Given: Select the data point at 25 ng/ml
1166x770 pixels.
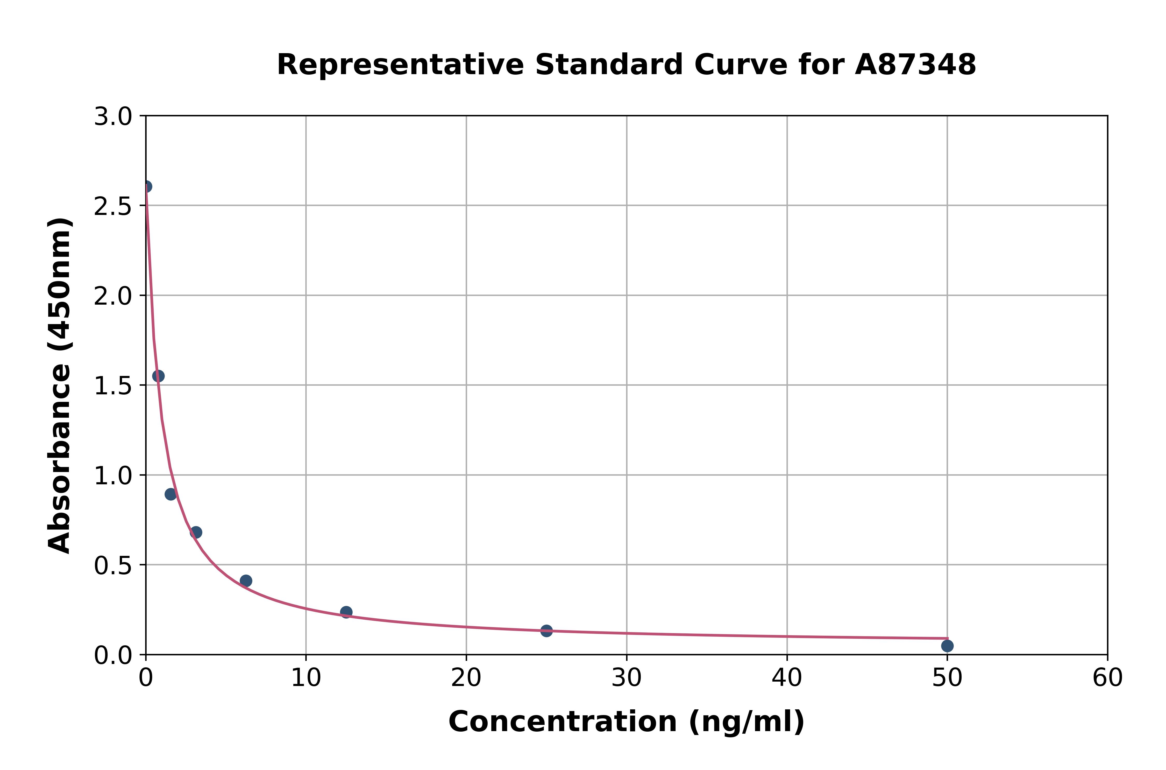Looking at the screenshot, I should tap(546, 631).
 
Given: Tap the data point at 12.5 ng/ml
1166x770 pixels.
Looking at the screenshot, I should tap(346, 612).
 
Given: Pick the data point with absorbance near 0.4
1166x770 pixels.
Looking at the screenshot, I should tap(246, 581).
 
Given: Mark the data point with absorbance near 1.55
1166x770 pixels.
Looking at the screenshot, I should tap(158, 376).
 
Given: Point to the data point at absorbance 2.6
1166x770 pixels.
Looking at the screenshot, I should tap(146, 187).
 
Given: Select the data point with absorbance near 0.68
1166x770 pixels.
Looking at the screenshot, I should tap(196, 532).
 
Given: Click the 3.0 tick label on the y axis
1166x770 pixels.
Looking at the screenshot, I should tap(113, 117).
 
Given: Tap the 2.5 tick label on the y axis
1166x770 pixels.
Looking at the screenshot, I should tap(113, 206).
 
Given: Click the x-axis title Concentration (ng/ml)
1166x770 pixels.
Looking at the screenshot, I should tap(626, 722).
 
